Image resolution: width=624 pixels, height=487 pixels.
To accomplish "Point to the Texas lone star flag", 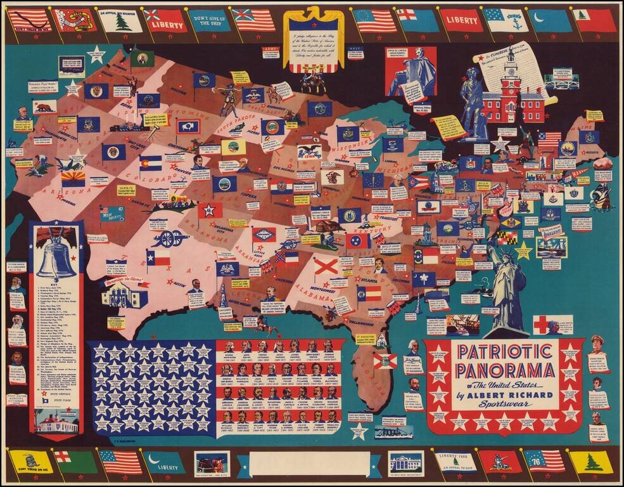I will pos(158,257).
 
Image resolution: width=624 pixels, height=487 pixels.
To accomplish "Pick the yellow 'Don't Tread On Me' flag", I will pos(29,462).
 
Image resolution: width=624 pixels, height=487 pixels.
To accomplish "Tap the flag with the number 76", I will pos(544,461).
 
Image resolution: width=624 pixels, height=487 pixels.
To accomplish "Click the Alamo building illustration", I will pos(124,294).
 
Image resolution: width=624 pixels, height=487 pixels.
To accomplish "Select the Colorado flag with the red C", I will pos(151,163).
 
